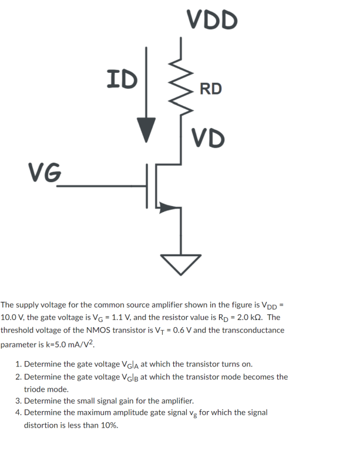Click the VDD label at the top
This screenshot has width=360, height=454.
click(x=213, y=19)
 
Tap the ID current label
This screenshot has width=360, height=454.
click(x=122, y=78)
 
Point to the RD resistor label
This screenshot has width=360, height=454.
click(x=211, y=89)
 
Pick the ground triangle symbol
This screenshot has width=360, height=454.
click(x=180, y=264)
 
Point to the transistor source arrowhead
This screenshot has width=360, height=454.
click(x=169, y=207)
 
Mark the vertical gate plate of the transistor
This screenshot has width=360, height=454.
click(x=147, y=186)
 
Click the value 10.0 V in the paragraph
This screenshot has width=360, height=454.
click(x=14, y=317)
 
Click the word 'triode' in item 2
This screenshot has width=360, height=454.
click(x=35, y=389)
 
